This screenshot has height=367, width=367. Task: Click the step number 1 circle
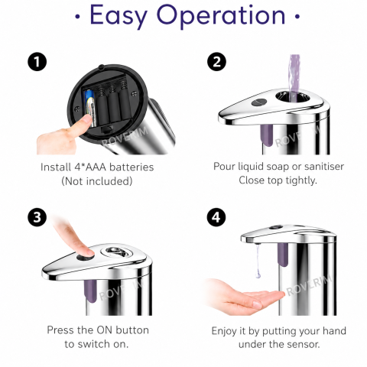point(37,61)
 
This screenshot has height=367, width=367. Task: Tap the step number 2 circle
point(216,61)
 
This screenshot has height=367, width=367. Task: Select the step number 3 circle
point(37,217)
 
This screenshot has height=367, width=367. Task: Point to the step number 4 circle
point(216,217)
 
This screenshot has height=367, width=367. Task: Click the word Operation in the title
point(221,16)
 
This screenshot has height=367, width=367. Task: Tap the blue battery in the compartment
point(90,109)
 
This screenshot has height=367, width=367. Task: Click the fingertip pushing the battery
point(86,120)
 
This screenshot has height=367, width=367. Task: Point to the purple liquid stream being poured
point(294,76)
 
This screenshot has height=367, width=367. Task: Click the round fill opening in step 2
point(292,96)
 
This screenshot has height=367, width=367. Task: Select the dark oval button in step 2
point(259,102)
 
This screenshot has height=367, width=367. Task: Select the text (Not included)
point(97,181)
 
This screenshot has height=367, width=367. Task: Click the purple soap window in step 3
point(90,291)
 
